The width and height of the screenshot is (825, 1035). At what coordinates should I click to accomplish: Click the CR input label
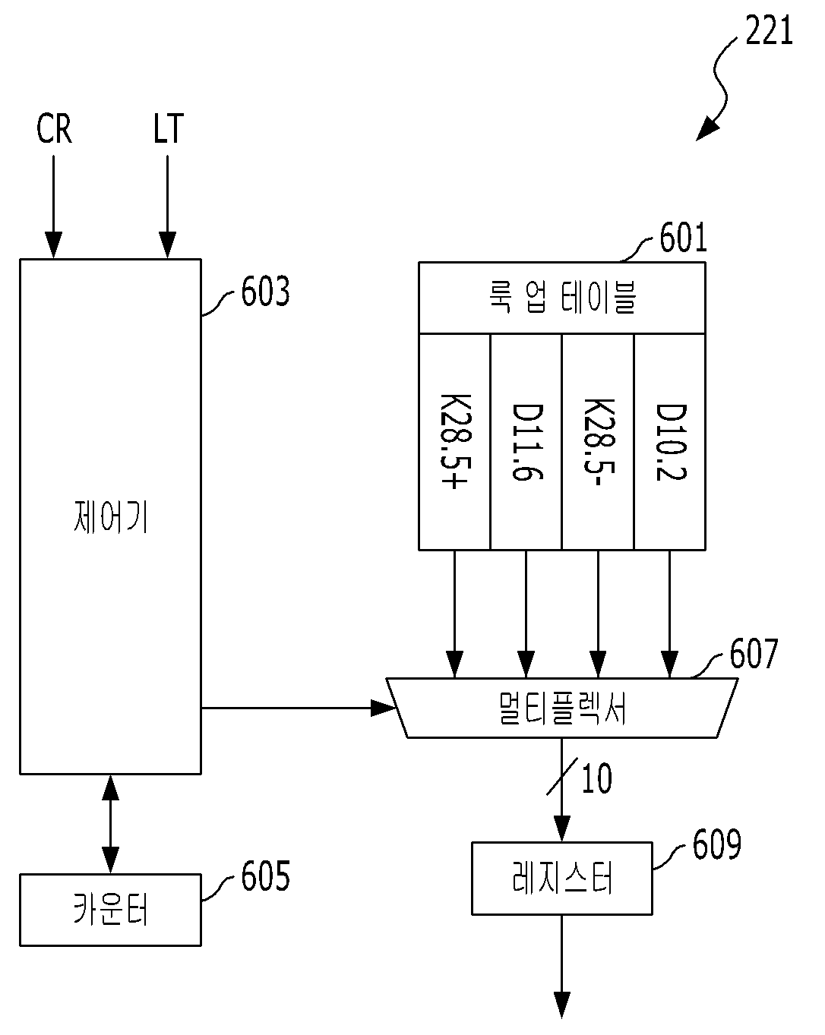[54, 128]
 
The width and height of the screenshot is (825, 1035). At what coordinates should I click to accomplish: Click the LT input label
[169, 128]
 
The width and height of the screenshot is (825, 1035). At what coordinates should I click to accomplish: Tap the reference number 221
[769, 30]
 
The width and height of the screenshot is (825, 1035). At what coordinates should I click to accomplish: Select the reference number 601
[683, 237]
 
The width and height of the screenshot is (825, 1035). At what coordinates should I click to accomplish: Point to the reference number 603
[265, 291]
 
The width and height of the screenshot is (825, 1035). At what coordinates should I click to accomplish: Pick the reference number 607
[754, 653]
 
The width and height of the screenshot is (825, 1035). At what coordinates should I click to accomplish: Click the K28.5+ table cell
[454, 441]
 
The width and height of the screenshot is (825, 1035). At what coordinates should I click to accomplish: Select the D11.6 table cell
[526, 441]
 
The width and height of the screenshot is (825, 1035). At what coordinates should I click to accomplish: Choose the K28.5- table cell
[598, 441]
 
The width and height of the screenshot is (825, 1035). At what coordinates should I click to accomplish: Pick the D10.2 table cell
[670, 441]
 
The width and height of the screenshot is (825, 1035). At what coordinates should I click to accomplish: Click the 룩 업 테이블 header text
[563, 297]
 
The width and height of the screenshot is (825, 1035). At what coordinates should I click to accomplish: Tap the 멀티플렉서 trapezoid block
[562, 708]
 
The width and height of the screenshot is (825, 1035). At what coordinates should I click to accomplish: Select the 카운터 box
[110, 910]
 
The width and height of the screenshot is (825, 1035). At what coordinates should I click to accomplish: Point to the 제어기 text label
[110, 516]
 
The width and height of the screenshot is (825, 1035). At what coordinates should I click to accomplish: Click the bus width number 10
[597, 778]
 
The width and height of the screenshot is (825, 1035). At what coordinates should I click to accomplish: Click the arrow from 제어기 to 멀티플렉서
[299, 708]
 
